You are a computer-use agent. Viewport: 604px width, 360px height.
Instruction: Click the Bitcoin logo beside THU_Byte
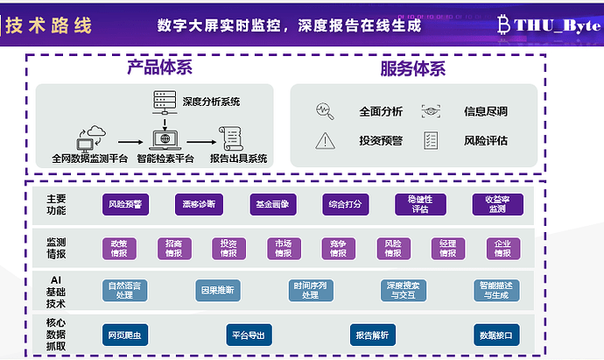pos(506,25)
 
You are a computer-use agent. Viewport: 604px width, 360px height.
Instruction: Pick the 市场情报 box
pos(283,249)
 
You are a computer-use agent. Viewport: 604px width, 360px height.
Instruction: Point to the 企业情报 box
pos(502,249)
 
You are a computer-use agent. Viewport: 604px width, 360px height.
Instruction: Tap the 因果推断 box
pos(216,289)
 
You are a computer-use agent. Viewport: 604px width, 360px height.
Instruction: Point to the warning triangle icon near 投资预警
pos(326,140)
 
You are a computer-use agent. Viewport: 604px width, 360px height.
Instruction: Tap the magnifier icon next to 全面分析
pos(325,111)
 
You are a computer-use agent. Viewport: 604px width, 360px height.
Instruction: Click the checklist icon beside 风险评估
pos(431,140)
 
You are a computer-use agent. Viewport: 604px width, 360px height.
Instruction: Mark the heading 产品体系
pos(159,68)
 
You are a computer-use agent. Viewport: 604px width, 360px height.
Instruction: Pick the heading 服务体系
pos(412,68)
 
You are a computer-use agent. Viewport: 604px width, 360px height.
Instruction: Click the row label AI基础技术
pos(56,290)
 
